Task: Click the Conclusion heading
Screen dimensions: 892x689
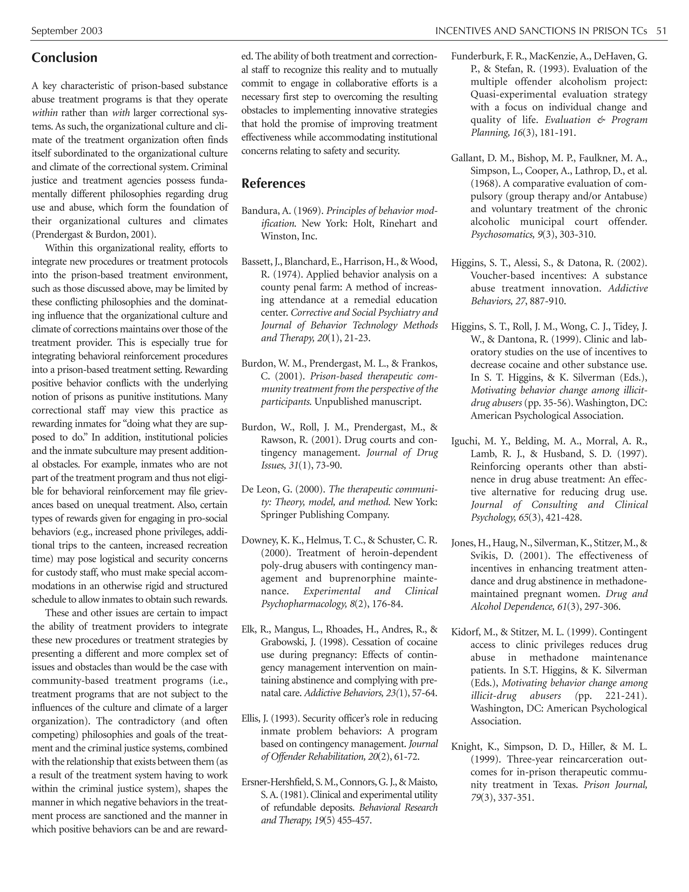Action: [x=65, y=58]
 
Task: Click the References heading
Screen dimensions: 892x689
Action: [x=273, y=183]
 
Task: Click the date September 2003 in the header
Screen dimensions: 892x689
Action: [x=67, y=31]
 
